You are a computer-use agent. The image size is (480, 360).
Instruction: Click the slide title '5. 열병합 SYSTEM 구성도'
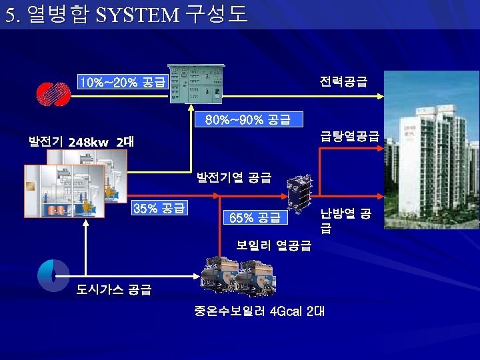point(126,15)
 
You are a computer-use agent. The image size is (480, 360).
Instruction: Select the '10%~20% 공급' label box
point(122,82)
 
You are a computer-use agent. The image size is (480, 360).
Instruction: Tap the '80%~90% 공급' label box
point(247,119)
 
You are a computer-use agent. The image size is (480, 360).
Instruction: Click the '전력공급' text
point(343,81)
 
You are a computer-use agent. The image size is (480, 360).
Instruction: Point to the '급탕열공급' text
point(349,137)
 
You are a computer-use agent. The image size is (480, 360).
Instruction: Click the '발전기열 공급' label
point(233,177)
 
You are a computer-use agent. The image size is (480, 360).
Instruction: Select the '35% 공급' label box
point(159,208)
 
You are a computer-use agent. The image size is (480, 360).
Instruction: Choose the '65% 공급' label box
point(254,217)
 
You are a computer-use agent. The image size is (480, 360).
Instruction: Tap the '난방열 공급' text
point(345,221)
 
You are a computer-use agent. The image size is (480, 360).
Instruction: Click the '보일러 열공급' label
point(273,245)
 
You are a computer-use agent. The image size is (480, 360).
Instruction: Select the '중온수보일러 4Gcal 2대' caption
point(259,311)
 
